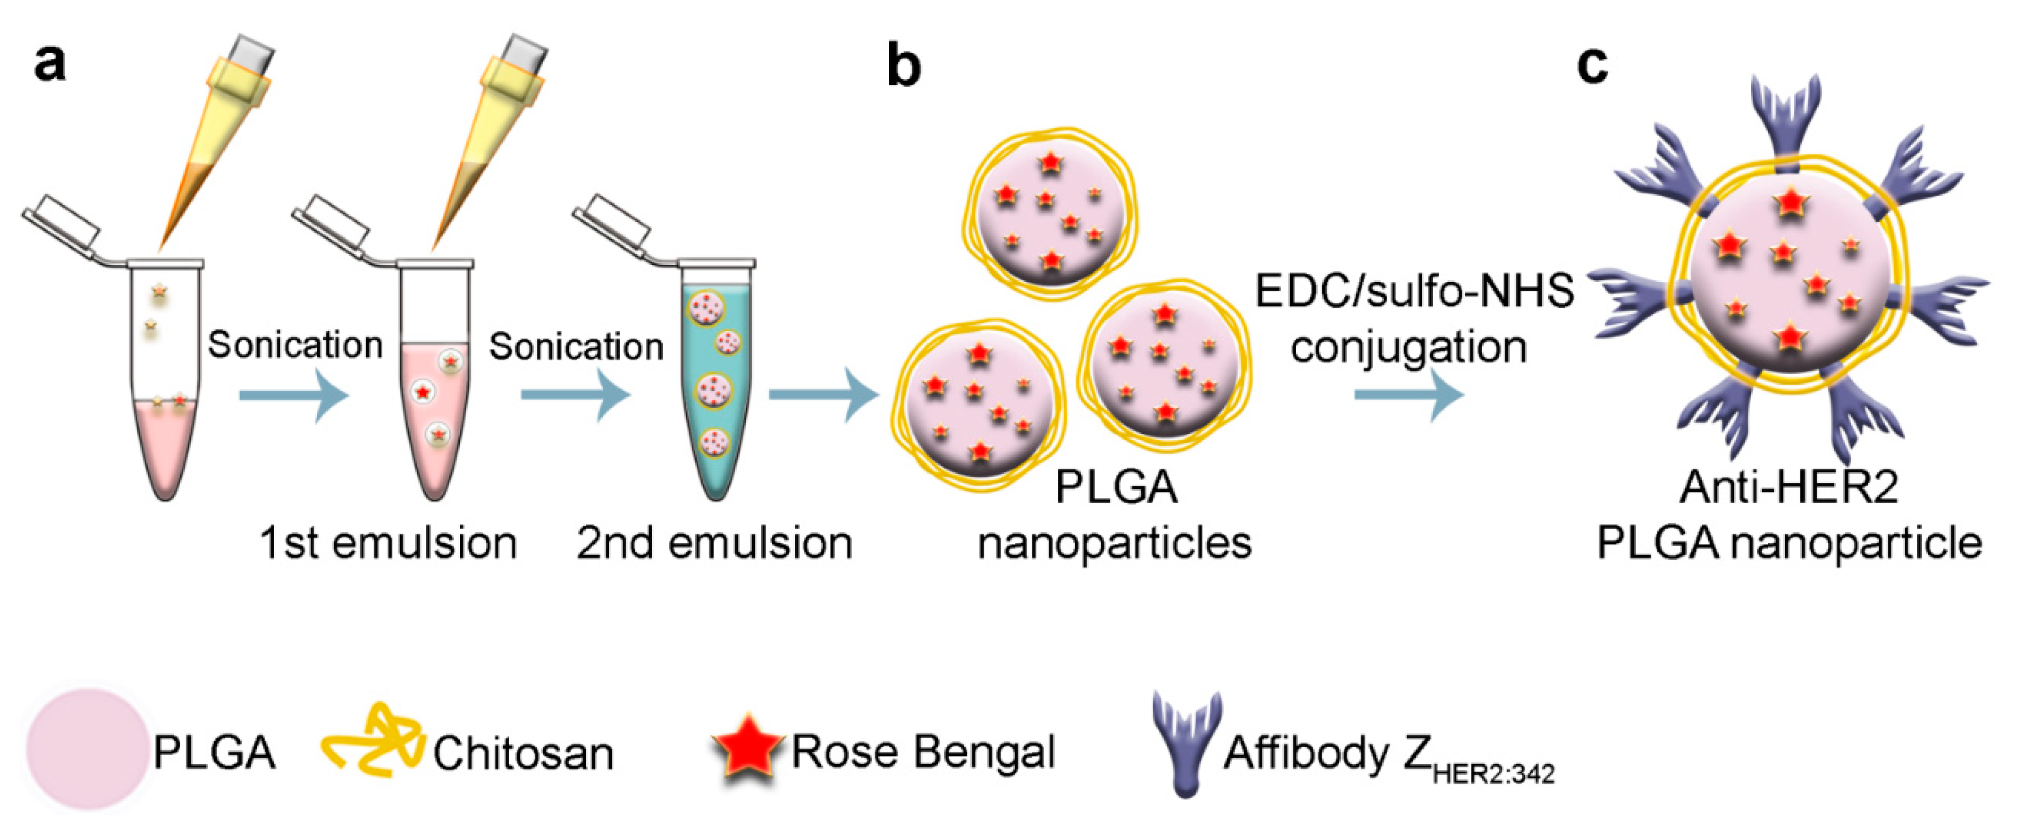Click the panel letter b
coord(903,64)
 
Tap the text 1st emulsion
coord(388,543)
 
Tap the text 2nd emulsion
coord(714,543)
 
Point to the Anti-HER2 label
coord(1789,487)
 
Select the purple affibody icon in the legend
coord(1187,742)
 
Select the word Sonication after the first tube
coord(294,346)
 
